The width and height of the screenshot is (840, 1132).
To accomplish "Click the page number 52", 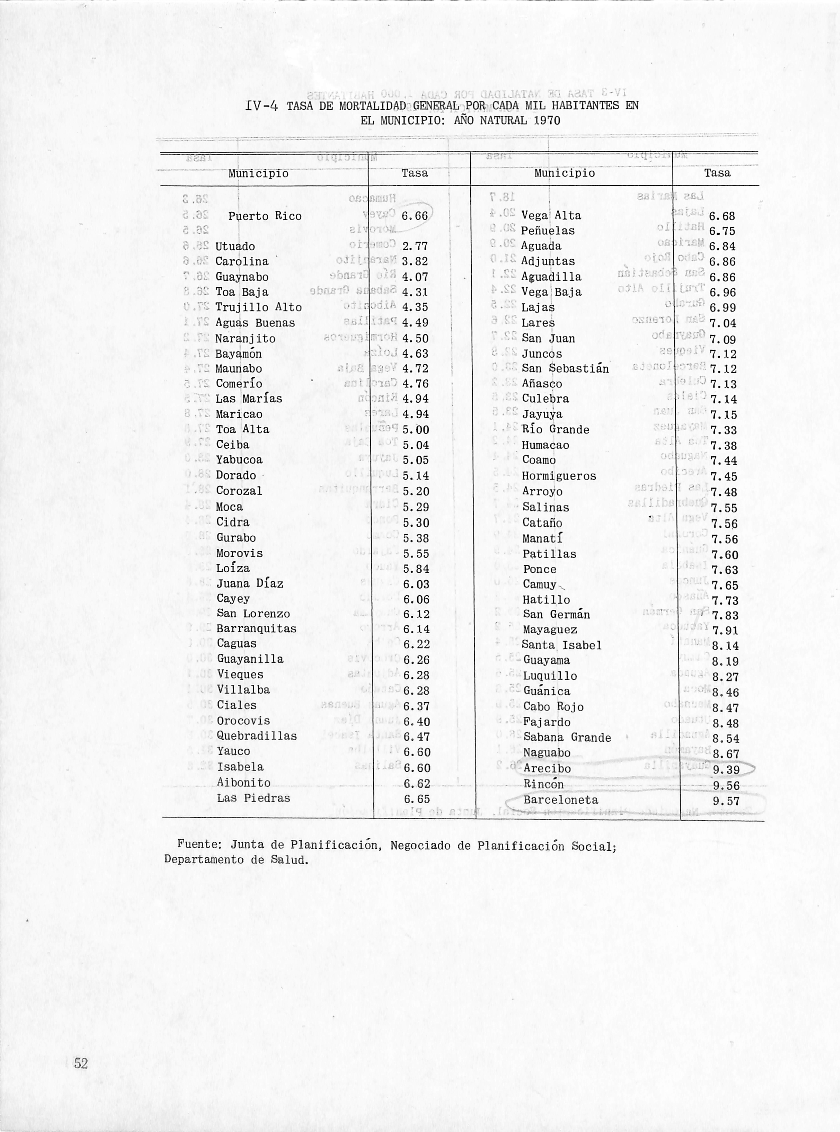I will (x=81, y=1063).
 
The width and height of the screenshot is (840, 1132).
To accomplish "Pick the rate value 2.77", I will (x=415, y=247).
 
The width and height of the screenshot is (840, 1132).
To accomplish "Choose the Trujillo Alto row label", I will (x=258, y=307).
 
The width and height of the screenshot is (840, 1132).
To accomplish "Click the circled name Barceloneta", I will (x=560, y=800).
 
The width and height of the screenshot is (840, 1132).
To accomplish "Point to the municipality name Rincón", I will (x=543, y=784).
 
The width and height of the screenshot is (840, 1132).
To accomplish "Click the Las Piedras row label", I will (x=253, y=799).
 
